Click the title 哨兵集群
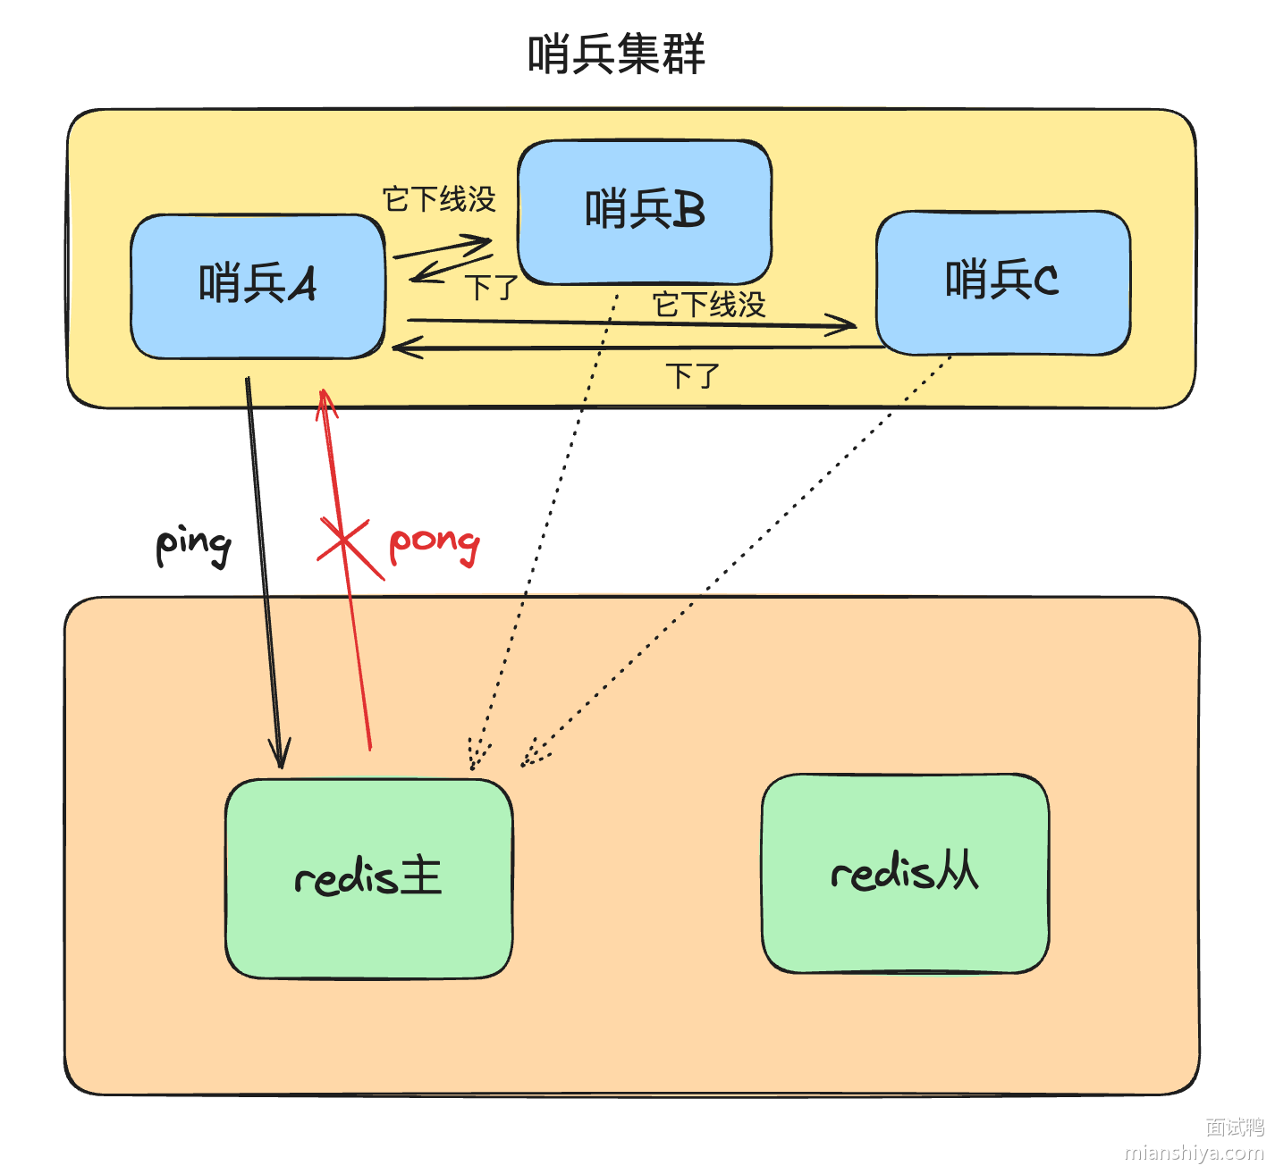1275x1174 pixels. pyautogui.click(x=616, y=54)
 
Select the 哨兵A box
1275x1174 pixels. pyautogui.click(x=258, y=286)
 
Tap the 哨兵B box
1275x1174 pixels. pyautogui.click(x=645, y=212)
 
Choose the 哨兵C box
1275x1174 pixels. pyautogui.click(x=1002, y=282)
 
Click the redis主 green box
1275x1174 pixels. pyautogui.click(x=368, y=878)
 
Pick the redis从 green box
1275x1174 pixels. pyautogui.click(x=905, y=873)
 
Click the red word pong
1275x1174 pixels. pyautogui.click(x=435, y=542)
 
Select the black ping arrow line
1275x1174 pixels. pyautogui.click(x=265, y=572)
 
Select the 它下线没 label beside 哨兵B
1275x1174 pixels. pyautogui.click(x=438, y=199)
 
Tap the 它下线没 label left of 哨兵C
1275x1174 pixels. pyautogui.click(x=709, y=305)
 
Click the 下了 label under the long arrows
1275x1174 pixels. pyautogui.click(x=692, y=375)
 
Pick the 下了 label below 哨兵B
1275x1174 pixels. pyautogui.click(x=491, y=288)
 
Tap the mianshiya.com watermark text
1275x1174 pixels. pyautogui.click(x=1194, y=1153)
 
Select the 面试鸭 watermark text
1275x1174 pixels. pyautogui.click(x=1234, y=1128)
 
